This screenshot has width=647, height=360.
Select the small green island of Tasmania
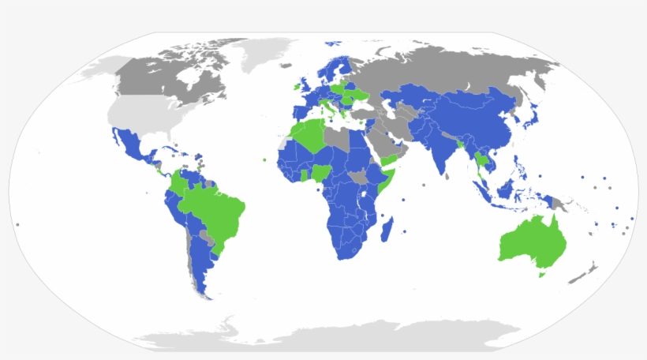click(540, 275)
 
